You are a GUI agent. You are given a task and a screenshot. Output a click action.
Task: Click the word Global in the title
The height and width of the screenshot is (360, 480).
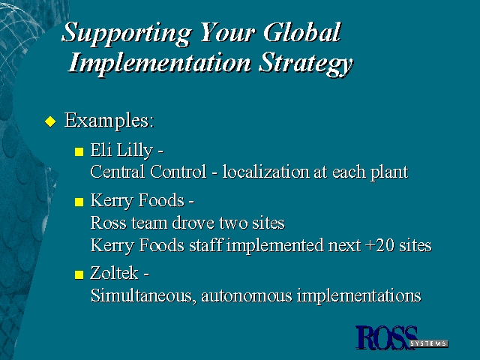(301, 32)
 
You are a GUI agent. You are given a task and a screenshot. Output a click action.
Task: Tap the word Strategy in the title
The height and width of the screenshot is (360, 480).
(305, 64)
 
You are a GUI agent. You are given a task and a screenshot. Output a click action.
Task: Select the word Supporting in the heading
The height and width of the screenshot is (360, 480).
(127, 34)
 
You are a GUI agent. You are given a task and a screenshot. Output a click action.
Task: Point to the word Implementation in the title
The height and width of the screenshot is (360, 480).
(160, 64)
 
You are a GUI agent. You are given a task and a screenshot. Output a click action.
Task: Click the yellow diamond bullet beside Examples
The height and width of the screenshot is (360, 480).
(50, 121)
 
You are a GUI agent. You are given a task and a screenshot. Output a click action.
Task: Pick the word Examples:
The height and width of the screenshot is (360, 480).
(109, 121)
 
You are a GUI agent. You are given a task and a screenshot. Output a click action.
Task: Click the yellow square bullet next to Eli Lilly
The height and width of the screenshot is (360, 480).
(79, 151)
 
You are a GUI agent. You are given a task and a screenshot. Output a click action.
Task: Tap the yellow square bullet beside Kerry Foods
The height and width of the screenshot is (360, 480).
(79, 202)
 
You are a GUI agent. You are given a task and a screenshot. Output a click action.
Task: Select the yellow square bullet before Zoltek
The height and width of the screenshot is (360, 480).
(79, 274)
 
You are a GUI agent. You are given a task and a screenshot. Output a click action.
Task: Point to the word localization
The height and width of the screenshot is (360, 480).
(265, 172)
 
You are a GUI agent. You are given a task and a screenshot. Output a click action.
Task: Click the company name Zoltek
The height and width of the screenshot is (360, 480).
(114, 273)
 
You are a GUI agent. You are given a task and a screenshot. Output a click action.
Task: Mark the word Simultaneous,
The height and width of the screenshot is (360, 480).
(143, 296)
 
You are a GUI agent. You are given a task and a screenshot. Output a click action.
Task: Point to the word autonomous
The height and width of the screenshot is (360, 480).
(247, 296)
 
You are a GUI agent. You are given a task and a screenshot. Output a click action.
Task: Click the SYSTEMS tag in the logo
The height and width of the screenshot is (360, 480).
(429, 343)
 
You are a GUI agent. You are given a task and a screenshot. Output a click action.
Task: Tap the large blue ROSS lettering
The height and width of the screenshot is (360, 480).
(386, 337)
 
